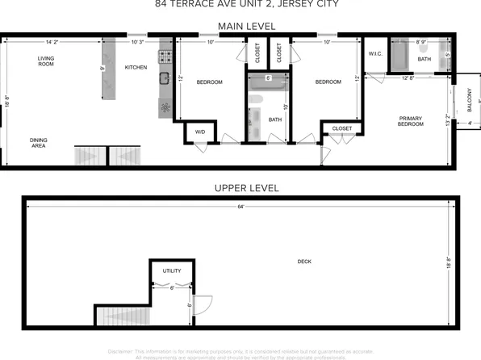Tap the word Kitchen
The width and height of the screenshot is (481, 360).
(136, 68)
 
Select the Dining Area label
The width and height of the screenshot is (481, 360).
(38, 144)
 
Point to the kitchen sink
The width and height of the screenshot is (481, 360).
(163, 78)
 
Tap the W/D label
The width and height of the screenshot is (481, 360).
(199, 132)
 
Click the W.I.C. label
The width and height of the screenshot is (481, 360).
(375, 55)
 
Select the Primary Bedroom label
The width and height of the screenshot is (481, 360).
(410, 122)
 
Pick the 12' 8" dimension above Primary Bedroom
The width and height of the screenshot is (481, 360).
(408, 78)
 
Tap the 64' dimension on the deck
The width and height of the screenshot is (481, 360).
(240, 207)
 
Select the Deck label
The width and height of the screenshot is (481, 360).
(304, 262)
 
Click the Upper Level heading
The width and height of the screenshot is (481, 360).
(246, 188)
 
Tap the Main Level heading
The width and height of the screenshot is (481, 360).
(247, 26)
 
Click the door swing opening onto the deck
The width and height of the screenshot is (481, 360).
(202, 305)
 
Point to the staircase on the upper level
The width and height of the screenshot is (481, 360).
(122, 316)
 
